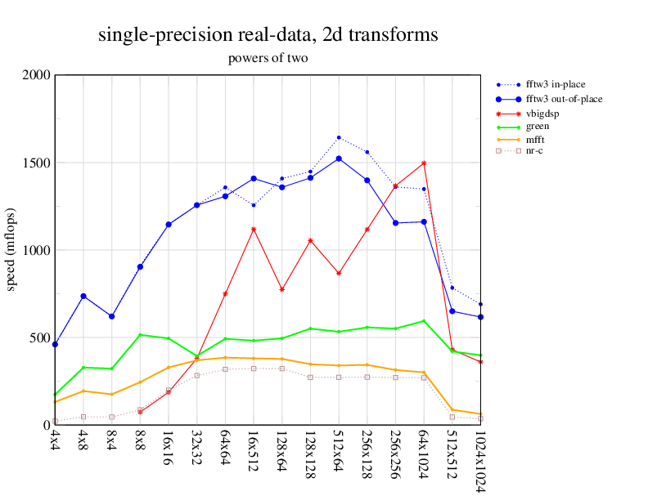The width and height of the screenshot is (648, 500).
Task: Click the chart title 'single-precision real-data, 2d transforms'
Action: pos(268,35)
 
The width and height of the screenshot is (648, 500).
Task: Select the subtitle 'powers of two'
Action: pos(268,59)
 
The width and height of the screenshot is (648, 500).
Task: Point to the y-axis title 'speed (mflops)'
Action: pos(11,250)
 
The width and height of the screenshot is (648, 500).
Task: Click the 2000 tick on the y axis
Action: pos(37,75)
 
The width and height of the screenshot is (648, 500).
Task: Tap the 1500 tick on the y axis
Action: pos(37,163)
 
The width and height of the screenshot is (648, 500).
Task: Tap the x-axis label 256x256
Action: pos(395,456)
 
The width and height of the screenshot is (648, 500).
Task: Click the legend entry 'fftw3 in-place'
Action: pos(555,84)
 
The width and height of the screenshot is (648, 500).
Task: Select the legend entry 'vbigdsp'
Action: pos(542,113)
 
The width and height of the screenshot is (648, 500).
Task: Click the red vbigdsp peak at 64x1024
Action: pos(424,163)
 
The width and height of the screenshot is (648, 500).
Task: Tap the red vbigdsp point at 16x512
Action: pos(254,230)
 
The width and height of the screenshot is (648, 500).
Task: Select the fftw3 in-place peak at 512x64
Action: pos(339,137)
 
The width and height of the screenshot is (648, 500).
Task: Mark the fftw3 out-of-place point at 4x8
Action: pos(83,296)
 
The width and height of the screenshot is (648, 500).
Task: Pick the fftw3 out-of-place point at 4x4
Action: pos(55,345)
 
